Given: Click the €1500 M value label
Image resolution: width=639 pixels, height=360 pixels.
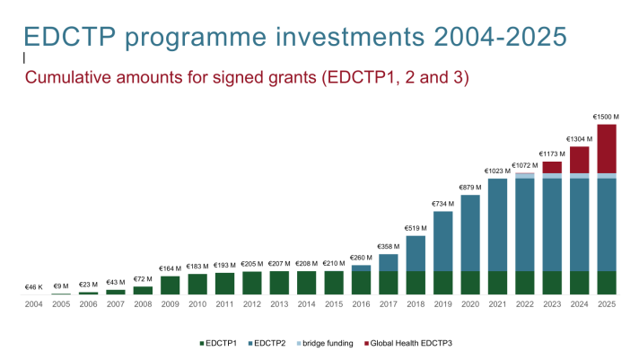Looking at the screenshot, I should coord(607,116).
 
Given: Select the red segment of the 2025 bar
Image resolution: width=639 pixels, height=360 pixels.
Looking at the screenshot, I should coord(607,148).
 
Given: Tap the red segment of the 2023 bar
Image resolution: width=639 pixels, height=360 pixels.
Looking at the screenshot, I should coord(552,167).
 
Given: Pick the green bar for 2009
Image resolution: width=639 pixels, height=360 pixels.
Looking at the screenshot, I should coord(171,285).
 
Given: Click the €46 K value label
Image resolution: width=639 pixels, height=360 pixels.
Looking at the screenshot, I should coord(34,287).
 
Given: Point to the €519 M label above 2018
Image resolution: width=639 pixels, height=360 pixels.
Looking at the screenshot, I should coord(416,228).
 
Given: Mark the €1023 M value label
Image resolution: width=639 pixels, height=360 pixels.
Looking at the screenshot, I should coord(497,171).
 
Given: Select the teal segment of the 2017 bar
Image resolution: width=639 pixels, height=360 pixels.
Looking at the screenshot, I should coord(389,262).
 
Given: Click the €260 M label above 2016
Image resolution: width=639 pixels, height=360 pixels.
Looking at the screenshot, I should coord(361,258).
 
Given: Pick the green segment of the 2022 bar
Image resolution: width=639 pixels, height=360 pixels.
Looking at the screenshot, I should coord(525,283).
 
